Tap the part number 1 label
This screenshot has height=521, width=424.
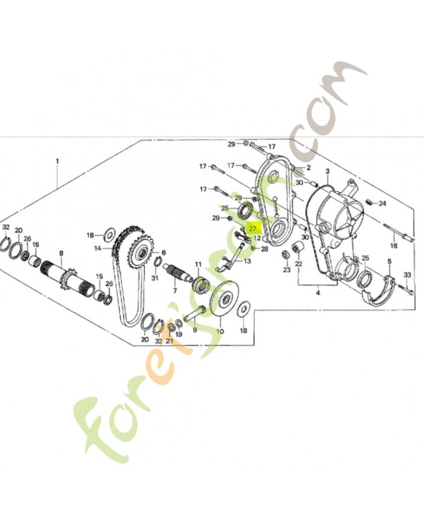tap(57, 161)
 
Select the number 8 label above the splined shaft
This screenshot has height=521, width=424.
tap(60, 253)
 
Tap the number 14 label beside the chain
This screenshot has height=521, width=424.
tap(98, 248)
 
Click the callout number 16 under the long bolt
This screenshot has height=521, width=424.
tap(393, 246)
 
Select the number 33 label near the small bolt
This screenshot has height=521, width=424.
tap(407, 275)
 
